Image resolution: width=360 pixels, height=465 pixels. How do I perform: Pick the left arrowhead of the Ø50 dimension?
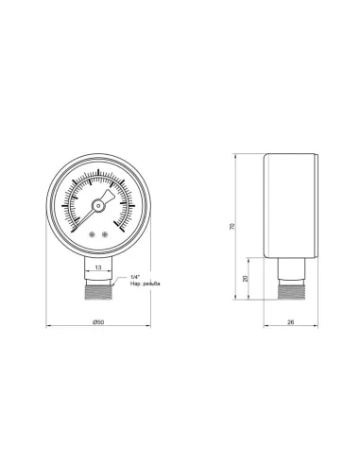pyautogui.click(x=50, y=330)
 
